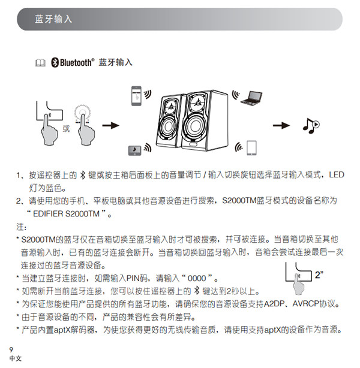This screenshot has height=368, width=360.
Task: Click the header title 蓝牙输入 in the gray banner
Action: (x=53, y=19)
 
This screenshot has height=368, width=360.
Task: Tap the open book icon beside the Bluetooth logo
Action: (x=40, y=62)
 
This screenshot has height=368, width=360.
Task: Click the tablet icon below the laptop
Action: (x=251, y=147)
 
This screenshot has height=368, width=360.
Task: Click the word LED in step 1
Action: (x=337, y=175)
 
